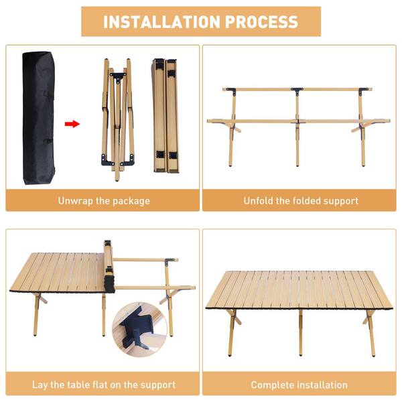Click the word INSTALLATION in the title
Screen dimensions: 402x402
(x=158, y=21)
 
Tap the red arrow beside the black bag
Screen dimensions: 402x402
(x=72, y=124)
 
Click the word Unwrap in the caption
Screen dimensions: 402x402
(x=74, y=200)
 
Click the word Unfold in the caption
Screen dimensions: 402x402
(x=259, y=200)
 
